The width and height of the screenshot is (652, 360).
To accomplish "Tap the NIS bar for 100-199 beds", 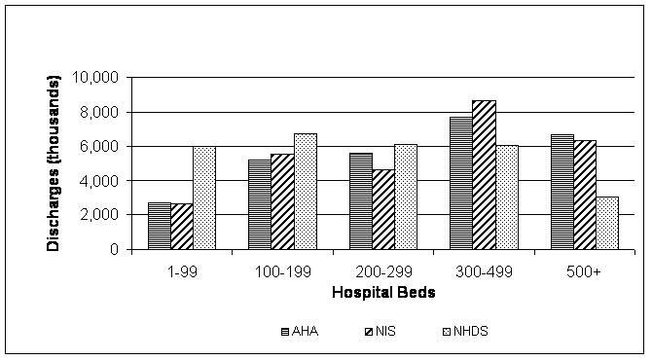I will (282, 201).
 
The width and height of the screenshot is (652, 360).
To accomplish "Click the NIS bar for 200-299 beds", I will (382, 209).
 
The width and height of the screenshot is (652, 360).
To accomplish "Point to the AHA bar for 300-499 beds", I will (460, 183).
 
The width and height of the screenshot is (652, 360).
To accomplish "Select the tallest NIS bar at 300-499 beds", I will (484, 175).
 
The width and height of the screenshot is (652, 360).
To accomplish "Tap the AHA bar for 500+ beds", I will (561, 192).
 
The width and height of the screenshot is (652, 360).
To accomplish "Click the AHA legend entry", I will (296, 330).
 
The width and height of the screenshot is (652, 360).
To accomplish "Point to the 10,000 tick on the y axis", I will (99, 78).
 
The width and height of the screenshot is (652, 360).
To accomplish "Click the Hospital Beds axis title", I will (382, 292).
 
